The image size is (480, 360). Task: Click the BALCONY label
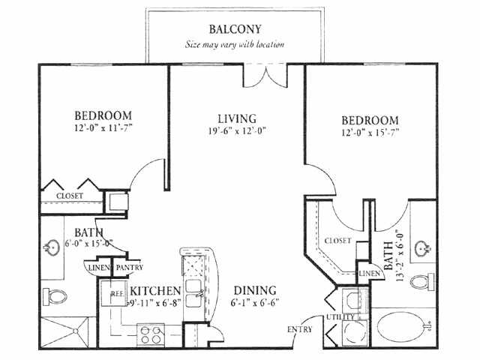(x=235, y=29)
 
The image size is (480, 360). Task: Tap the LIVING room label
(x=237, y=118)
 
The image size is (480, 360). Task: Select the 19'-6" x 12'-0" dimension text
(x=237, y=131)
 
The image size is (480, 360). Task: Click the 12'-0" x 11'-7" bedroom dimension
(x=103, y=127)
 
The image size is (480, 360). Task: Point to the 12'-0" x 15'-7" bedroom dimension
(x=370, y=133)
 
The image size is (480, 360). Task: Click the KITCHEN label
(x=155, y=290)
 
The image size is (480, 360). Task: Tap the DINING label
(x=255, y=290)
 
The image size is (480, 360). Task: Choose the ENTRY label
(x=300, y=329)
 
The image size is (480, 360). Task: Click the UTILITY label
(x=340, y=316)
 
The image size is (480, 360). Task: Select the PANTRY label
(x=130, y=268)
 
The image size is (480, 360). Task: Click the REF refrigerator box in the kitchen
(x=114, y=293)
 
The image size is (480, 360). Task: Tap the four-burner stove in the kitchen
(x=151, y=335)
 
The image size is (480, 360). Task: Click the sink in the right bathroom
(x=423, y=248)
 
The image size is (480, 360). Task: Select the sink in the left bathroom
(x=51, y=247)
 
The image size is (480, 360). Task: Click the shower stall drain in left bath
(x=75, y=331)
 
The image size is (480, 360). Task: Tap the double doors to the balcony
(x=265, y=76)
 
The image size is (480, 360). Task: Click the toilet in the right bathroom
(x=421, y=282)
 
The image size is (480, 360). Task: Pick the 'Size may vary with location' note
(x=235, y=45)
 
